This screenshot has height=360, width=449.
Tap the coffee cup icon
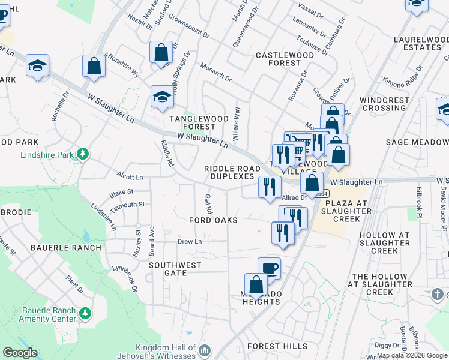point(269,268)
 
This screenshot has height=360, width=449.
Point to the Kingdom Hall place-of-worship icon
point(205,350)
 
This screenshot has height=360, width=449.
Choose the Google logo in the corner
point(20,353)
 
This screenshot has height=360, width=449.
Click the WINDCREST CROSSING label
point(384,104)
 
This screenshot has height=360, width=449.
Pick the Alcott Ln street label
point(131,178)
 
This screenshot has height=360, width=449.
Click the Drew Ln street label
point(188,241)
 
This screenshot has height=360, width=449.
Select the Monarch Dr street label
point(215,72)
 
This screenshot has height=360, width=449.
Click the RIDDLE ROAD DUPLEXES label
point(232,173)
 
